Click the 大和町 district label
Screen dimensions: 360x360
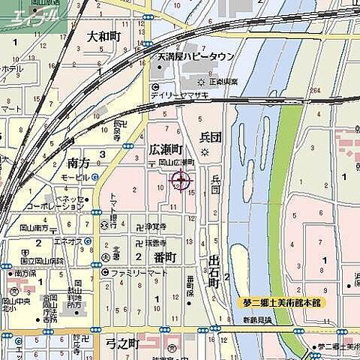[103, 36]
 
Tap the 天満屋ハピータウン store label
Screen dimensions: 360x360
[196, 56]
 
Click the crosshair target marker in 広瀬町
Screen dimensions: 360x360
[181, 180]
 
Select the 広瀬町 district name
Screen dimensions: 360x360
[166, 149]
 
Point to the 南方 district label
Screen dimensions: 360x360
[78, 162]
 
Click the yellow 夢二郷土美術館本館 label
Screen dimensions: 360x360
[281, 302]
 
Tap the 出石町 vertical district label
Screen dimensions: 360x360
[214, 271]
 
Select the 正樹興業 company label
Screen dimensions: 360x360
[223, 82]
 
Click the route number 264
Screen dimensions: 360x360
[315, 91]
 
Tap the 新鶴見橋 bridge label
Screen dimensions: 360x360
[257, 319]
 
